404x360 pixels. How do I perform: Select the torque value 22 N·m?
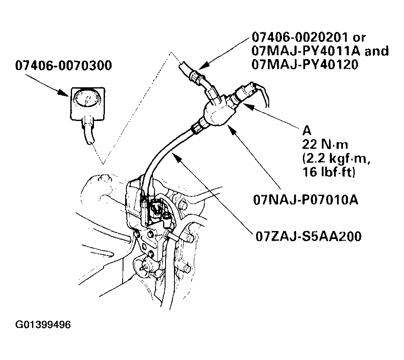325,145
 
